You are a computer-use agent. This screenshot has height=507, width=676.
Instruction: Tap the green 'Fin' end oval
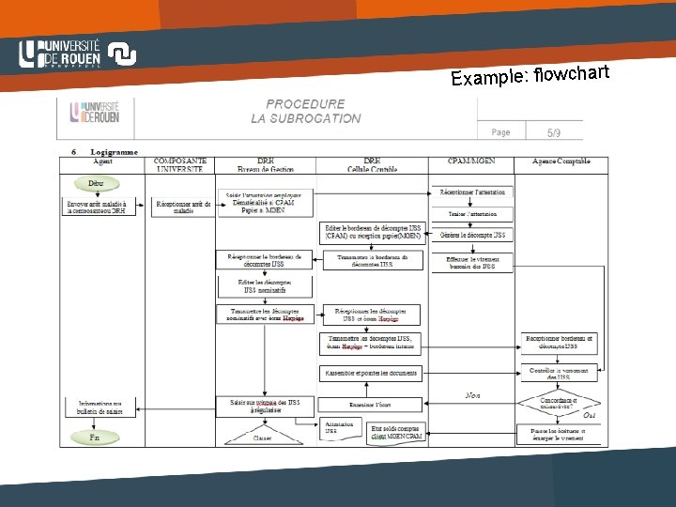95,438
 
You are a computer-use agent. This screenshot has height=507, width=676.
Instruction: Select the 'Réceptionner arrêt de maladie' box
183,206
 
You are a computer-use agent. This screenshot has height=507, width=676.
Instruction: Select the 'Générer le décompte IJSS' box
474,235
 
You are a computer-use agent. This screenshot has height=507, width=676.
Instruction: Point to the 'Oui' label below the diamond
590,415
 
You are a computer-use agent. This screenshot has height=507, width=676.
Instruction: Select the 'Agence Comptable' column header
561,161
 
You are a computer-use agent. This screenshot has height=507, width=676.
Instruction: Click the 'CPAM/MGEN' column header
473,161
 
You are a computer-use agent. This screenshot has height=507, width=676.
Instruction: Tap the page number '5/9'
555,132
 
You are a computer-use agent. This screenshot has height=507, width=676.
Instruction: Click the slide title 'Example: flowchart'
530,74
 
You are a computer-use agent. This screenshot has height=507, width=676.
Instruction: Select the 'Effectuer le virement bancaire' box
474,261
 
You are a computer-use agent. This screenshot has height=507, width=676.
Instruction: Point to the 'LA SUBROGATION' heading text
305,118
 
